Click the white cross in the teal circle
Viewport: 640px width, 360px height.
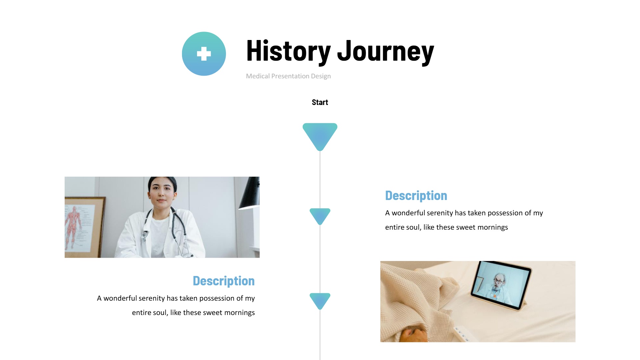(204, 54)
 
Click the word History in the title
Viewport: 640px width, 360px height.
(288, 51)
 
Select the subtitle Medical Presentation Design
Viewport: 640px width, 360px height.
(288, 76)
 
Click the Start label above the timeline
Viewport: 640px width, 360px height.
(320, 102)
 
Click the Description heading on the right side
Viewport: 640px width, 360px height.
(416, 196)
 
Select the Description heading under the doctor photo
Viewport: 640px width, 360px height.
(224, 281)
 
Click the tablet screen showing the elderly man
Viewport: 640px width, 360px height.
(501, 285)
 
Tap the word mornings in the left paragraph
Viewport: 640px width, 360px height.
(239, 313)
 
